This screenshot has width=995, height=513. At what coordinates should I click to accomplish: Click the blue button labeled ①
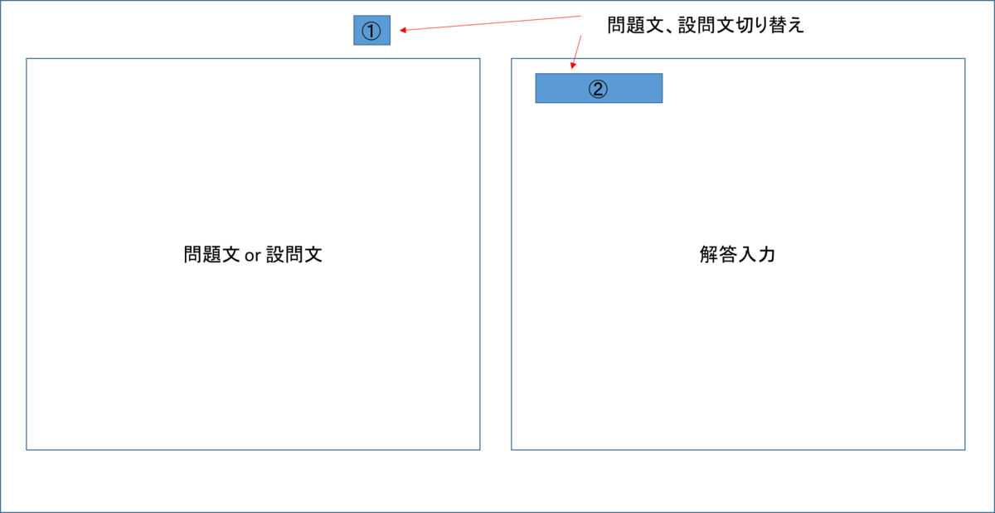point(371,30)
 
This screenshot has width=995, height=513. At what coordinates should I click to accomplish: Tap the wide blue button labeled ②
point(599,88)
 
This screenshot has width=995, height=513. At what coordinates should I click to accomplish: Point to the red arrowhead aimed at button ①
point(403,30)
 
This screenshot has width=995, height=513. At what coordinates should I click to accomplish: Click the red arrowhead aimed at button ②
point(574,66)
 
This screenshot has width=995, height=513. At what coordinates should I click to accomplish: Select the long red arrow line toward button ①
point(490,23)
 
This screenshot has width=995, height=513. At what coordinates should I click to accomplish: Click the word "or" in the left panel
point(253,256)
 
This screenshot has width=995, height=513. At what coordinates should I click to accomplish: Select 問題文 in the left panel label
point(212,255)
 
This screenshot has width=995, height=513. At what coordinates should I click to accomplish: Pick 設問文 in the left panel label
point(294,255)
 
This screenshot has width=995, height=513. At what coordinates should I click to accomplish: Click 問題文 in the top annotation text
point(635,25)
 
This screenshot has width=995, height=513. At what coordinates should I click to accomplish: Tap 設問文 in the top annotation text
point(706,25)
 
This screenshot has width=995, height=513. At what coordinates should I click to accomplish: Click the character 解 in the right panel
point(709,255)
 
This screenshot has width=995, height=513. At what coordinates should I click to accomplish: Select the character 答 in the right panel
point(728,255)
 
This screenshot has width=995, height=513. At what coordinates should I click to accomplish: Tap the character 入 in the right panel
point(747,255)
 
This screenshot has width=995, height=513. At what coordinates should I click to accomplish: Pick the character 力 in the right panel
point(766,255)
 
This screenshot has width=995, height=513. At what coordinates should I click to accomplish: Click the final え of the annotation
point(795,26)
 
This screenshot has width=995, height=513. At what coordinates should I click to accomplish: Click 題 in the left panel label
point(212,255)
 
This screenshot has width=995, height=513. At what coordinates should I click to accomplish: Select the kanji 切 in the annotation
point(745,25)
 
